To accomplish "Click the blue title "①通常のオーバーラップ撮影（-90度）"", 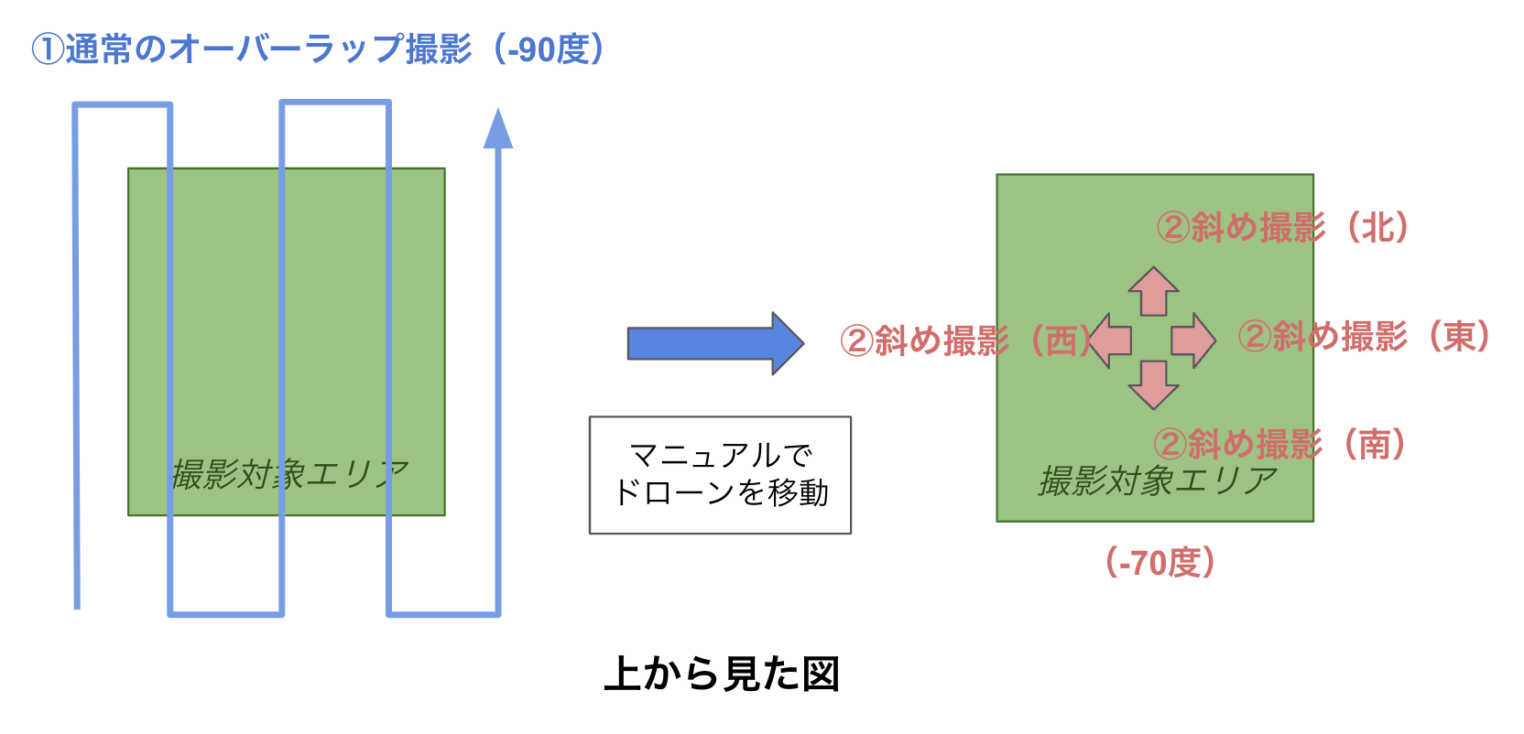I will (318, 49).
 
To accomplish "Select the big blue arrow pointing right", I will (714, 343).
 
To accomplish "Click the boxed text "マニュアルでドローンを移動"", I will (720, 474).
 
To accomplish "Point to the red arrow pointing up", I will (1153, 291).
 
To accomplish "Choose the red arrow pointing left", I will (1110, 340).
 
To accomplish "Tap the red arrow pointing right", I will (1193, 340).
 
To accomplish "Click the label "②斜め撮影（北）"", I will (1282, 227).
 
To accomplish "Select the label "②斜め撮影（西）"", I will (966, 340).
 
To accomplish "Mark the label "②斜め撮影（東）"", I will (1365, 337).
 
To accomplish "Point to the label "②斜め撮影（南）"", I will (1279, 445).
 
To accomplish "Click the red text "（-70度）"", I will (1159, 562).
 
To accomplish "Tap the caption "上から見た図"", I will (722, 675).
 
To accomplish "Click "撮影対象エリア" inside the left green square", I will (289, 474).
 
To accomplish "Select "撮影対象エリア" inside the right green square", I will (1158, 480).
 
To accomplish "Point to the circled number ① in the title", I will (46, 49).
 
